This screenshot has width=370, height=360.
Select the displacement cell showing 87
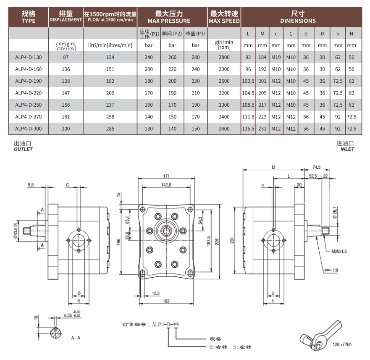coord(66,57)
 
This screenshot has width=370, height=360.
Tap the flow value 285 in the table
coord(110,128)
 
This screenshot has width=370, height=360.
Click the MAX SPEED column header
coord(225,17)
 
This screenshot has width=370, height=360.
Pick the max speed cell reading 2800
coord(225,57)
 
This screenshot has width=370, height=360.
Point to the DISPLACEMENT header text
coord(66,20)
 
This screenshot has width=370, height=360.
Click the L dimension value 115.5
coord(248,128)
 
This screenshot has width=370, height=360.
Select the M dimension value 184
coord(262,57)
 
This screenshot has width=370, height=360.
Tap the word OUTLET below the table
coord(23,149)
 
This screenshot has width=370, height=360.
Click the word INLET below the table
coord(347,149)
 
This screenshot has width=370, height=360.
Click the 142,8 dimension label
coord(166,185)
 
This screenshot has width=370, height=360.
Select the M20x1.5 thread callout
coord(340,252)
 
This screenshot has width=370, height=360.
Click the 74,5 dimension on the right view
coord(316,167)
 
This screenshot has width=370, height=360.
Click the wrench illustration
coord(320,336)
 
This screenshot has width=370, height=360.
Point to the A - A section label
coord(76,337)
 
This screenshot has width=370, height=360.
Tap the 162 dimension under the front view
coord(166,301)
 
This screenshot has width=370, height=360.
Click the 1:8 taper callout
coord(335,270)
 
